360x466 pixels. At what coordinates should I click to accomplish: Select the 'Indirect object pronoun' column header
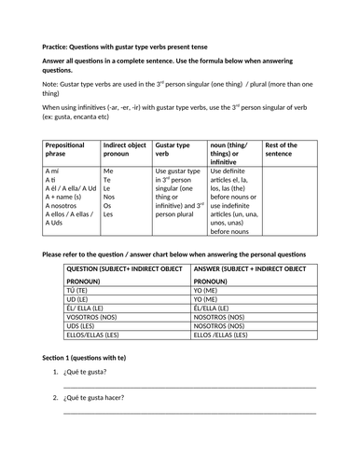click(x=121, y=150)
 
